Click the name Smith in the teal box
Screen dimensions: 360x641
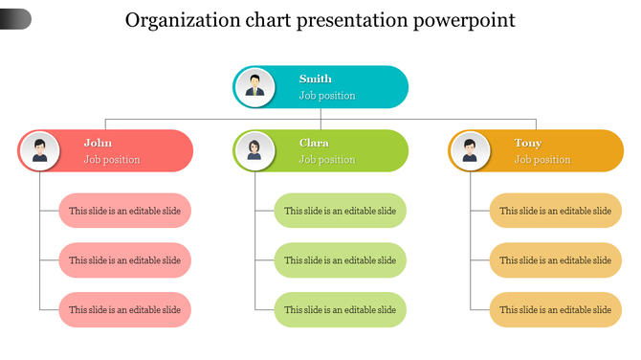(x=315, y=79)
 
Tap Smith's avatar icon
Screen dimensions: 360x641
(x=254, y=86)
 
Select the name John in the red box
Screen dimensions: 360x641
(x=98, y=144)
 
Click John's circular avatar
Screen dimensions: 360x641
(x=39, y=150)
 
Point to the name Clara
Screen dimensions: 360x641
(x=314, y=144)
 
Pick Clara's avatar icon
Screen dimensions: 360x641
(x=254, y=150)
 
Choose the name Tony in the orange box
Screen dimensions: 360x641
(x=527, y=144)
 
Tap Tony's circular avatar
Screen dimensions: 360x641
(x=470, y=150)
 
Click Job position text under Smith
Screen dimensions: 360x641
(x=327, y=96)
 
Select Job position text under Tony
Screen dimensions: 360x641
(x=542, y=160)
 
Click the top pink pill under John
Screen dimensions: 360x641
(x=125, y=211)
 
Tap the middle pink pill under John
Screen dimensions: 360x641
(x=125, y=260)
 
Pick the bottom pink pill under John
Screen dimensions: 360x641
(x=125, y=310)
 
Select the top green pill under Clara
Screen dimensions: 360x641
(x=341, y=211)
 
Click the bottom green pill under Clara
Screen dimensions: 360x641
(x=341, y=310)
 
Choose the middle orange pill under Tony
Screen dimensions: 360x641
(x=556, y=260)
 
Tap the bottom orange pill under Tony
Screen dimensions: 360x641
(x=556, y=310)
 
